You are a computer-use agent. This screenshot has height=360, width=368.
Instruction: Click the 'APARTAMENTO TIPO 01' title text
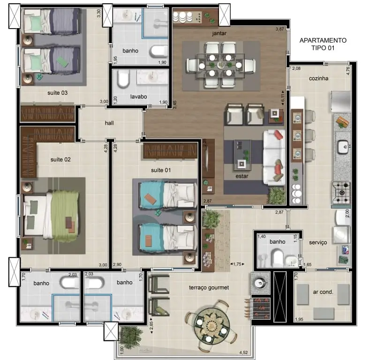click(323, 44)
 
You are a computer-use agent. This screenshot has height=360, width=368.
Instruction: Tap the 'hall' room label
click(109, 123)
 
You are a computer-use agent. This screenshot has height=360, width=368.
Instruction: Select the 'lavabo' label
click(138, 97)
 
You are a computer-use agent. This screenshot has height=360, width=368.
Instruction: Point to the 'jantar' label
click(219, 33)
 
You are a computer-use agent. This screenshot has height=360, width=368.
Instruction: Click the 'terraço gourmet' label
click(209, 287)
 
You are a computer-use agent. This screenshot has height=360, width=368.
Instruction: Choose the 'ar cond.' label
click(323, 292)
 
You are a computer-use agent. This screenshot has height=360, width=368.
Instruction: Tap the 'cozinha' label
click(318, 78)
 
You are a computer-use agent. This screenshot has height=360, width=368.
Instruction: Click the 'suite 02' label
click(60, 159)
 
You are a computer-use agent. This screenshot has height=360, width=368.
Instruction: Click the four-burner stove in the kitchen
click(341, 193)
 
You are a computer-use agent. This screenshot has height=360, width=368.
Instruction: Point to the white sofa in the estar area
click(274, 157)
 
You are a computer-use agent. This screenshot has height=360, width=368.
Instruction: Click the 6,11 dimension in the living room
click(283, 98)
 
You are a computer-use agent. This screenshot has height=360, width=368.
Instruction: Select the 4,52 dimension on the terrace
click(243, 352)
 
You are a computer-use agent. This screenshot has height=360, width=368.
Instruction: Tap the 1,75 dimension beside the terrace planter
click(237, 264)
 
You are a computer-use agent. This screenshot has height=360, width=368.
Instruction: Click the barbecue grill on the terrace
click(261, 308)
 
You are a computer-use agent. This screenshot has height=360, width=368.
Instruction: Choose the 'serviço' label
click(318, 242)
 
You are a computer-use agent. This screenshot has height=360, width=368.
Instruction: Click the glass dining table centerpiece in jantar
click(221, 65)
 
